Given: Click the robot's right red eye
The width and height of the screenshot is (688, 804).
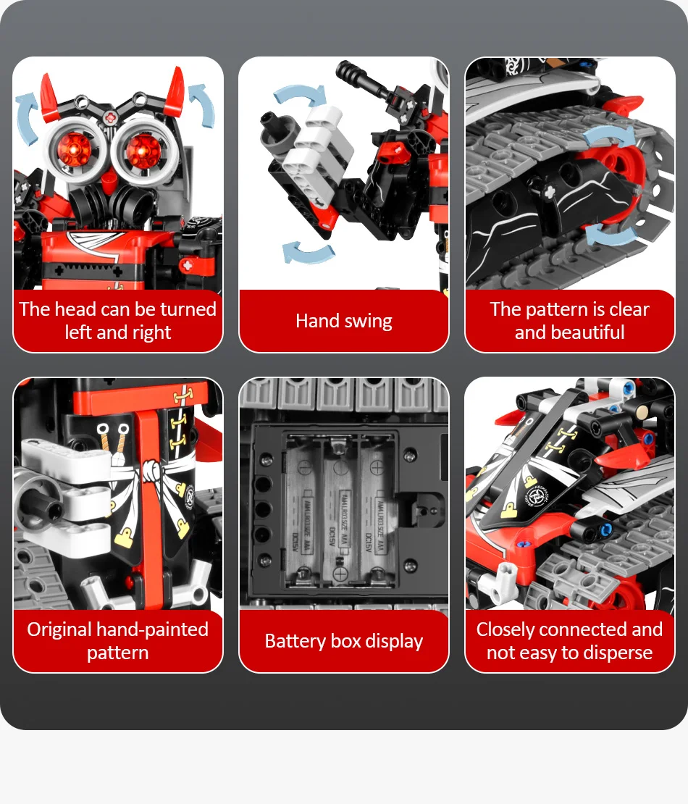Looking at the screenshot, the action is tap(143, 151).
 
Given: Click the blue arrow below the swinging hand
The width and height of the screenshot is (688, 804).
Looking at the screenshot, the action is tap(309, 252).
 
